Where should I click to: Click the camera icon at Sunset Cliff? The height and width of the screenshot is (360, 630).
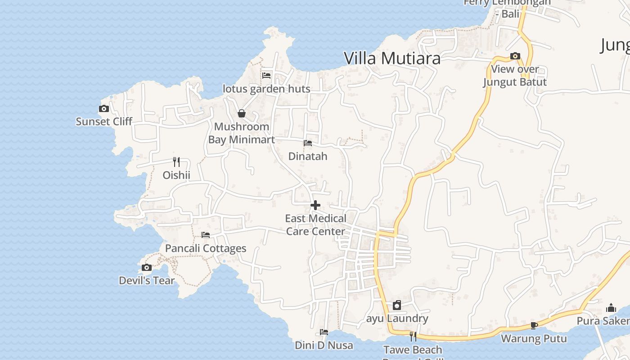pos(104,108)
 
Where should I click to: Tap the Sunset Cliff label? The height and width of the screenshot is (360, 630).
pos(104,121)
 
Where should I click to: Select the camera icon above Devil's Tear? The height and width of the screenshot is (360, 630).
pos(146,268)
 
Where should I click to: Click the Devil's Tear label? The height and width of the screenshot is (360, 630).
pos(147,281)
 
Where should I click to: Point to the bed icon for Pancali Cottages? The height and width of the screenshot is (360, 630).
pos(206,235)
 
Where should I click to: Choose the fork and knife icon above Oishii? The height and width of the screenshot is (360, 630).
pos(176,162)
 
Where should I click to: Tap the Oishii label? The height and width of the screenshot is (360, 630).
pos(176,175)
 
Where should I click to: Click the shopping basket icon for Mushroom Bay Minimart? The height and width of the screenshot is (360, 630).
pos(242,113)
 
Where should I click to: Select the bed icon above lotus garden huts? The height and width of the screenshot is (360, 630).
pos(266,76)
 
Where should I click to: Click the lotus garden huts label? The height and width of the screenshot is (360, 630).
pos(266,89)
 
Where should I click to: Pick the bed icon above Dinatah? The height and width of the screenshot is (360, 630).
pos(308,143)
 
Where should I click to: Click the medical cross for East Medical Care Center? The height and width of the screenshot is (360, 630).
pos(315,205)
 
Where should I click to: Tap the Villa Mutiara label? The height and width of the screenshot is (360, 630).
pos(392,58)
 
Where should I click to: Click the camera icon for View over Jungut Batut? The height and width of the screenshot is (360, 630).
pos(515,56)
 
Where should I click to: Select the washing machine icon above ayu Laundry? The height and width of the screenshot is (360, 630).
pos(397,306)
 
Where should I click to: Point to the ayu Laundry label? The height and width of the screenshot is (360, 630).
pos(397,319)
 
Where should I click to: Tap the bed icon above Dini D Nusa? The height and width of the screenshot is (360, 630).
pos(324,332)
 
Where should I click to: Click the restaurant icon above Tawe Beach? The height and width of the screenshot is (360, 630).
pos(413,336)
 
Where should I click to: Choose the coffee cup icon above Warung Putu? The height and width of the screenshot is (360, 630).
pos(534,325)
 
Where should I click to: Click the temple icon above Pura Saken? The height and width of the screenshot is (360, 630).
pos(611,308)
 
